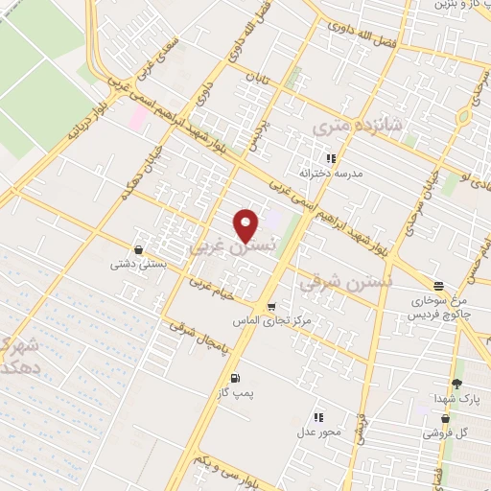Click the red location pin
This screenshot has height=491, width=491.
click(x=246, y=225)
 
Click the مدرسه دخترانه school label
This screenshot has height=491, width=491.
click(x=329, y=174)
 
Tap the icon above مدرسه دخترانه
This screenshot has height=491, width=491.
click(x=330, y=158)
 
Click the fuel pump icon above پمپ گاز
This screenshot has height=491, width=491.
click(x=235, y=378)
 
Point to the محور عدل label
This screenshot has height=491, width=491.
click(x=317, y=434)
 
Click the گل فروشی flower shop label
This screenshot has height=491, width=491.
click(x=450, y=433)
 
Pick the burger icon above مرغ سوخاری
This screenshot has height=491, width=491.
click(x=438, y=286)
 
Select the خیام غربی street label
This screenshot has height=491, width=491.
click(x=212, y=289)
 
